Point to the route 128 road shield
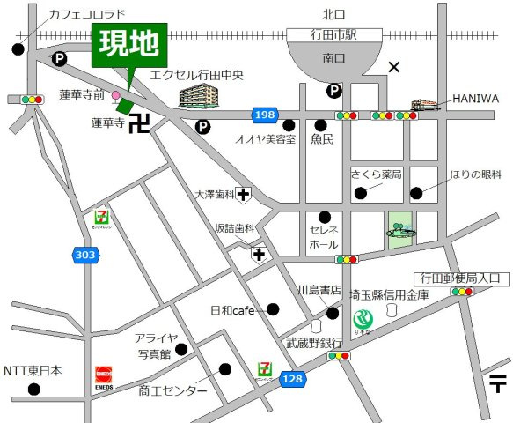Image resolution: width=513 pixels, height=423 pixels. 291,378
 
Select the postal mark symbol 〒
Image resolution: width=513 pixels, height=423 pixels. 498,383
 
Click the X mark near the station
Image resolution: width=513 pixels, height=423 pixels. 393,66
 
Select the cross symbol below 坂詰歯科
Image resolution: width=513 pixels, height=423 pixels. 259,255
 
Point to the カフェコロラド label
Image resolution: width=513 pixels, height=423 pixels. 87,14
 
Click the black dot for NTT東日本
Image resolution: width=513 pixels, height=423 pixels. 34,389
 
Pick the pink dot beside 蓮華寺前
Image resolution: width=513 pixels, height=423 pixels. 116,94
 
